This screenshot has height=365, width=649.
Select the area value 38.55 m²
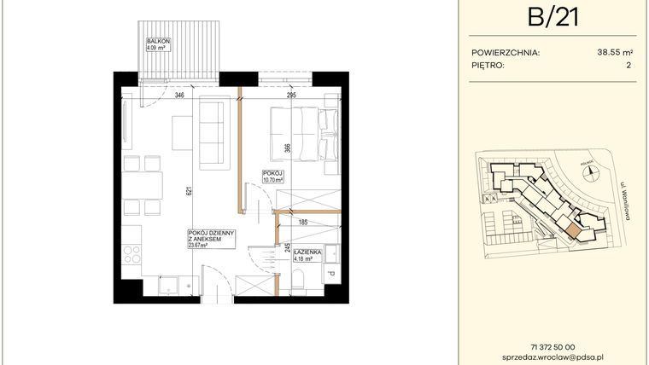tap(615, 51)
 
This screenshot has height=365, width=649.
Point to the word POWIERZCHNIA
tap(506, 51)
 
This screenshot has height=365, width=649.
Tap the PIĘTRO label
tap(488, 65)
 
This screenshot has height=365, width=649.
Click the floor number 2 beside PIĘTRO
tap(628, 65)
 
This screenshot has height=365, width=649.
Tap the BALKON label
tap(156, 41)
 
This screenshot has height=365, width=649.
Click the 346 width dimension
tap(179, 96)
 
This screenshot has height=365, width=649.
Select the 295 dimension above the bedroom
tap(290, 96)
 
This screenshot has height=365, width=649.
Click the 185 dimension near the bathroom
tap(302, 223)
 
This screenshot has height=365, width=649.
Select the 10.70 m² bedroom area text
tap(273, 181)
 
